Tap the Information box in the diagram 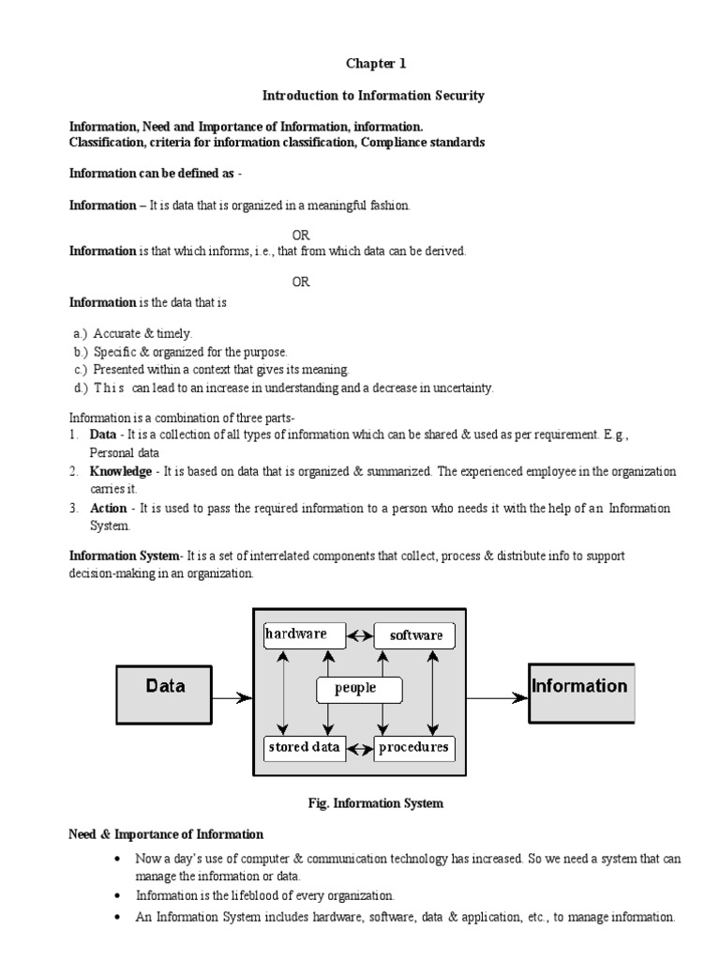click(580, 694)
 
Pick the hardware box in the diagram click(305, 634)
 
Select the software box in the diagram click(414, 635)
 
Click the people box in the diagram click(359, 689)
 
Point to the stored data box click(305, 748)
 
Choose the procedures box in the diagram click(413, 748)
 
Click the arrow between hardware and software click(360, 635)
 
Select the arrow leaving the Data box click(232, 697)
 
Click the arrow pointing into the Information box click(497, 697)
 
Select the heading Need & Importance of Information click(167, 834)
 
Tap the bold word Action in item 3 click(108, 509)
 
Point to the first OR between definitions click(300, 235)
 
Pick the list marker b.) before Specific click(81, 352)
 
